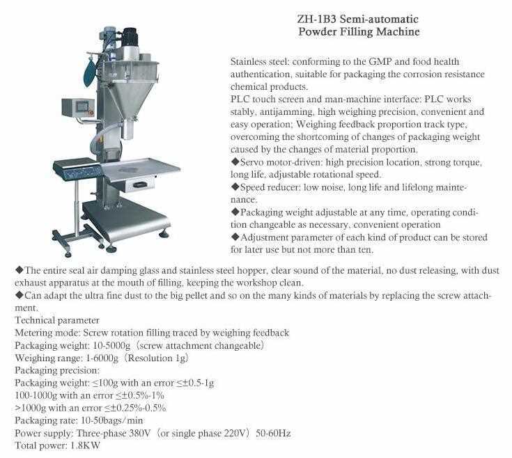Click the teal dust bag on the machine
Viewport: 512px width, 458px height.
click(88, 72)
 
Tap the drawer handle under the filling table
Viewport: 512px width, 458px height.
click(139, 184)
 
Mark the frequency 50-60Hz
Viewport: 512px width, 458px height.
click(274, 432)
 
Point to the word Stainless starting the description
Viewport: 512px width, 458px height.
click(249, 62)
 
